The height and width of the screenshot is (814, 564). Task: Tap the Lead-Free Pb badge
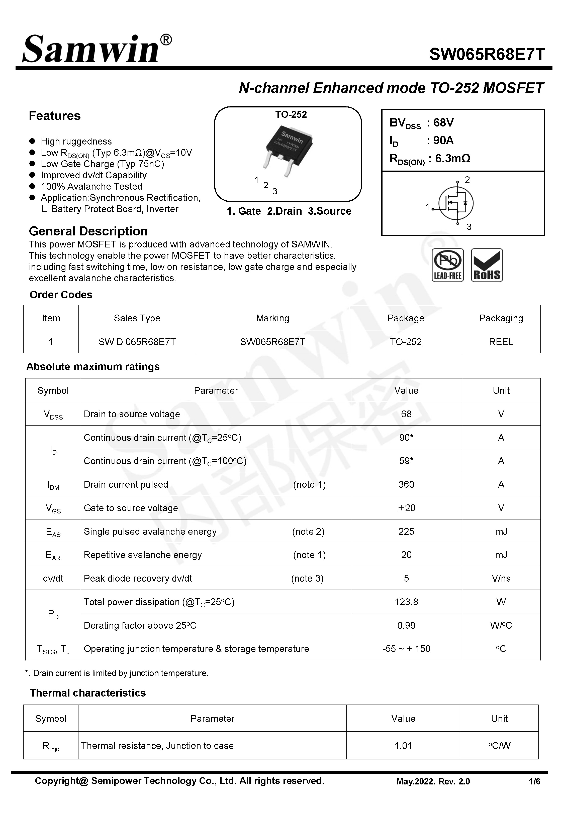(x=447, y=265)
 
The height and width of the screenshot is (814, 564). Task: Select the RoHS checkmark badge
(x=487, y=265)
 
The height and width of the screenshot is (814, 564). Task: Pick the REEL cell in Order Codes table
(x=501, y=342)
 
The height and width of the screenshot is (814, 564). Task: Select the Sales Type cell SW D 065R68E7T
(x=137, y=342)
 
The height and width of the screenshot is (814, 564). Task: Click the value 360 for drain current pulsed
(x=406, y=484)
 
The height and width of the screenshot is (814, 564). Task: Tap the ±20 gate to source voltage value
(x=406, y=508)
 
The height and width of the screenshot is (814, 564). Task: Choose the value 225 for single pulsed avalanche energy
(x=406, y=531)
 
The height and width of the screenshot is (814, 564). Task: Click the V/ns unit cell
(x=501, y=578)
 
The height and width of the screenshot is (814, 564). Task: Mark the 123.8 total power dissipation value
(x=406, y=602)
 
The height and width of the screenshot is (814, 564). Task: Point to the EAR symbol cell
(x=53, y=555)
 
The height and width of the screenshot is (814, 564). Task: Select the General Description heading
(x=88, y=231)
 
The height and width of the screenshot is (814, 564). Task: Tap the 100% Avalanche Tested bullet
(x=91, y=186)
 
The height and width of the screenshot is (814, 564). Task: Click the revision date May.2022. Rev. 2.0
(x=433, y=781)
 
